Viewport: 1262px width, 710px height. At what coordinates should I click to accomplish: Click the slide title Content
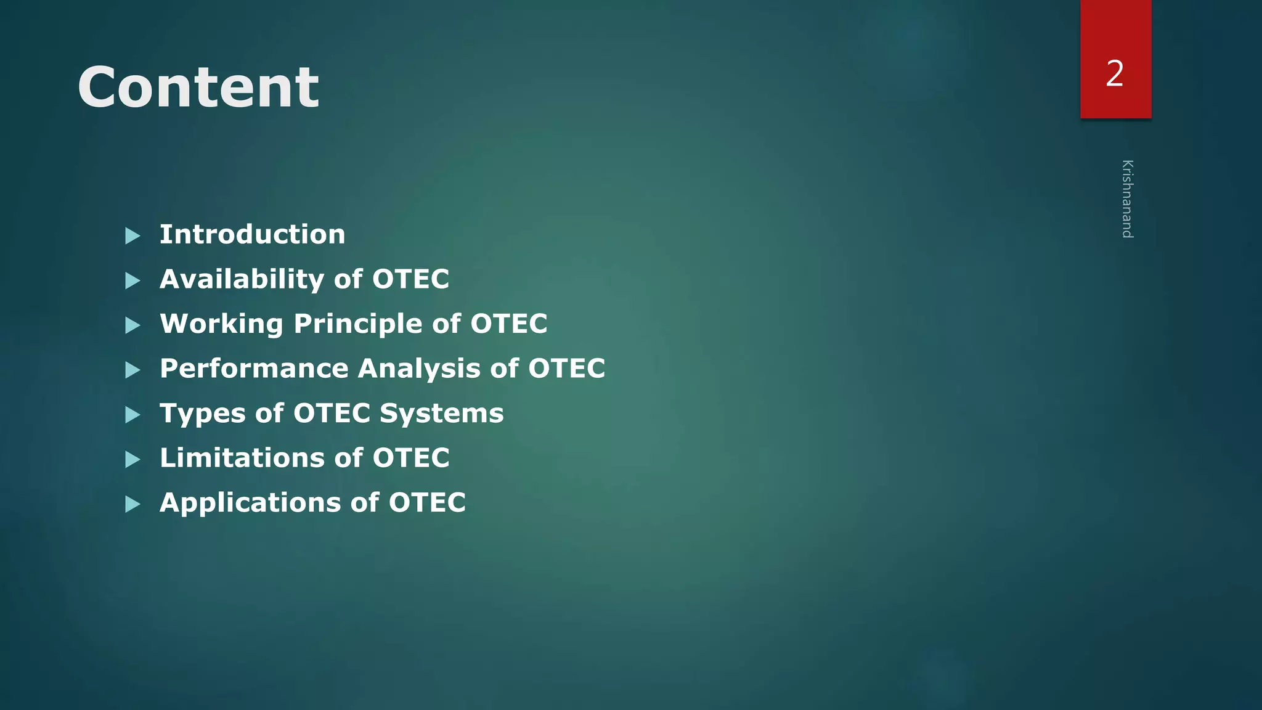[x=198, y=87]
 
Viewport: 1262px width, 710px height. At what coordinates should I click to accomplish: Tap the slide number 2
[x=1115, y=73]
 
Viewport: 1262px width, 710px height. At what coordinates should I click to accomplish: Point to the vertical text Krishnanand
[x=1127, y=198]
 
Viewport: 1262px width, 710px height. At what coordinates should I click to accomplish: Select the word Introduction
[x=252, y=234]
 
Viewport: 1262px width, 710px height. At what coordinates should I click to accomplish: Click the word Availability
[x=242, y=279]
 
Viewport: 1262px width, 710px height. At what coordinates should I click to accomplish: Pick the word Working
[x=221, y=324]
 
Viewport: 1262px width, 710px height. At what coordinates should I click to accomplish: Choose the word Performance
[x=254, y=369]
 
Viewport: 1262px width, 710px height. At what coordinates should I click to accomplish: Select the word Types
[x=203, y=414]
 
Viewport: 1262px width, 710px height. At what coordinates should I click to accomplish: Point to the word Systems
[x=441, y=414]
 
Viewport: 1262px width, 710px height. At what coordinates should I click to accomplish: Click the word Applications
[x=250, y=503]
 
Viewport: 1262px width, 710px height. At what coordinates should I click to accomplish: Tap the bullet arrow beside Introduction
[x=132, y=235]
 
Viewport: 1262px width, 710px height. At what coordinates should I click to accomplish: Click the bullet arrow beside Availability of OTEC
[x=132, y=280]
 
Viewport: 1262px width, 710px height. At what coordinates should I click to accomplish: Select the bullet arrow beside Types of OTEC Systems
[x=132, y=415]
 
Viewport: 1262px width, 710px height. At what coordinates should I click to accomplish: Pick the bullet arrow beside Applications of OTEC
[x=132, y=504]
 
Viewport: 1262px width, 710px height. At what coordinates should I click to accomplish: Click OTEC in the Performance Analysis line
[x=566, y=369]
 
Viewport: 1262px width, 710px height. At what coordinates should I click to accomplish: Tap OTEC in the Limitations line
[x=411, y=458]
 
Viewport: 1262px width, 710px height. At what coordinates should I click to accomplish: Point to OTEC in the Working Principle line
[x=508, y=324]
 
